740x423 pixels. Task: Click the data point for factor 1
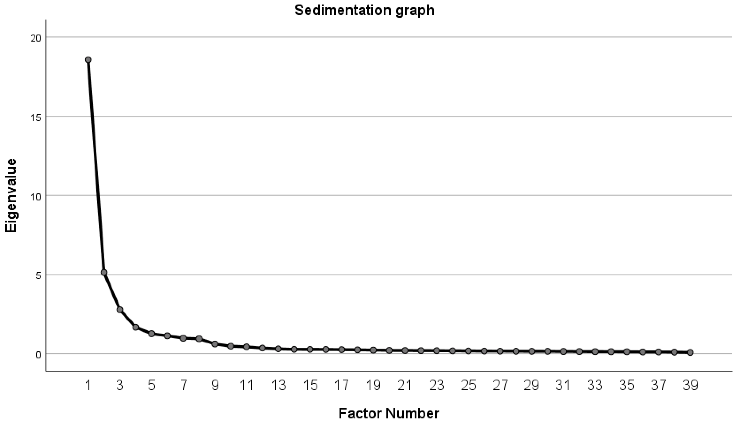click(x=88, y=60)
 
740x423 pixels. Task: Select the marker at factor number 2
click(x=104, y=272)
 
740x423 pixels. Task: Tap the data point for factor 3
click(x=120, y=310)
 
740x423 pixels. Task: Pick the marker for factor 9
click(x=215, y=344)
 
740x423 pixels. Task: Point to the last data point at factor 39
click(x=690, y=352)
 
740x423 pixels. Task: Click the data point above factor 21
click(x=405, y=350)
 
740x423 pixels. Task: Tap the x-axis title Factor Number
click(x=389, y=413)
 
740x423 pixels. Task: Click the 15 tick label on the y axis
click(x=36, y=117)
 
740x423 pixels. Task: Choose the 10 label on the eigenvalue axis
click(x=36, y=197)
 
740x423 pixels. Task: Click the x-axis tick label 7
click(x=183, y=386)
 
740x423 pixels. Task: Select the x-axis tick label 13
click(x=278, y=386)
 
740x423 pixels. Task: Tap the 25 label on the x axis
click(x=468, y=386)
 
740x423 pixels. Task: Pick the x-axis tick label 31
click(x=563, y=386)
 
